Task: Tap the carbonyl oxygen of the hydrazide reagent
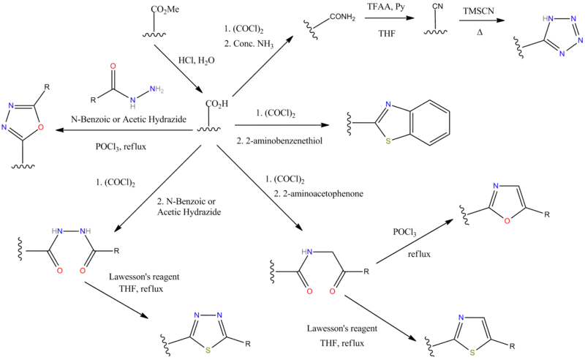point(113,65)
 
